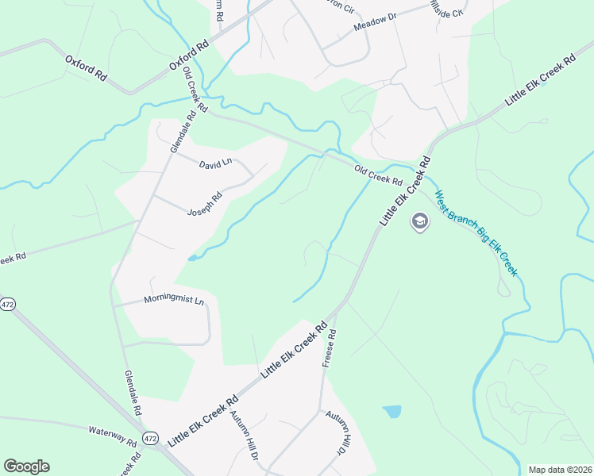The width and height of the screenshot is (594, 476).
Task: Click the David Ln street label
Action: click(x=214, y=162)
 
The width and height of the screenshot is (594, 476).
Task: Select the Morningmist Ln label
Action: click(x=174, y=301)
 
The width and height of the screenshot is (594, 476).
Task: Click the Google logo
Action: click(x=26, y=466)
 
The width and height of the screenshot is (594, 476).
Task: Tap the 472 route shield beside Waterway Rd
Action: click(x=152, y=438)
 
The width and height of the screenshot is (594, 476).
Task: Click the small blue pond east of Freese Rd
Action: click(x=392, y=411)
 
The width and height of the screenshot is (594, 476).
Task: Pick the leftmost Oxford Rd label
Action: click(x=86, y=68)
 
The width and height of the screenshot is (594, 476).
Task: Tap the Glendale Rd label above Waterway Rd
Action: click(x=132, y=393)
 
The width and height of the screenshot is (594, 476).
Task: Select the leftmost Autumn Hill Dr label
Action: click(x=244, y=436)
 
